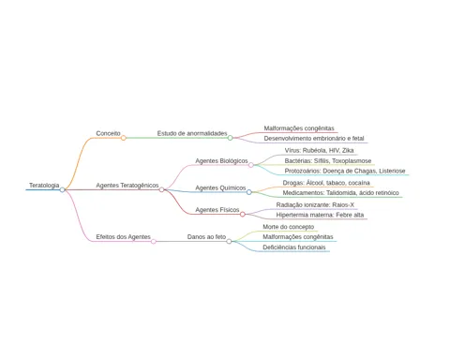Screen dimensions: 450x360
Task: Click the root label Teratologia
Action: pos(44,186)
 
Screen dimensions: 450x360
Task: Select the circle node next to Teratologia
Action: pos(63,189)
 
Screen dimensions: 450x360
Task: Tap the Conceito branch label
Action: pos(108,133)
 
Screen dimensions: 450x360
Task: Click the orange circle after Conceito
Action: pos(124,138)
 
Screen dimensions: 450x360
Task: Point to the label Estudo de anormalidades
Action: pos(192,133)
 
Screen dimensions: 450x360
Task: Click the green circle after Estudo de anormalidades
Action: pos(230,138)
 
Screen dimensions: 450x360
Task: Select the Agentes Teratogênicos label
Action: pos(127,186)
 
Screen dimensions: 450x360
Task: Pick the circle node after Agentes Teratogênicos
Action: pos(161,189)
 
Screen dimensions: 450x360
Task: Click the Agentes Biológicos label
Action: pos(221,161)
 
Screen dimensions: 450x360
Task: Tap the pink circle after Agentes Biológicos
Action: pos(251,165)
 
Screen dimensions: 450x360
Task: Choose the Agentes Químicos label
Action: pos(220,187)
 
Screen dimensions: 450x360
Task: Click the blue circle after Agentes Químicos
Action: pos(249,192)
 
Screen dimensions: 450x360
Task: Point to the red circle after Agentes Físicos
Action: pos(243,214)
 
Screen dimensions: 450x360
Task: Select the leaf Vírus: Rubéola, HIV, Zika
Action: pos(319,151)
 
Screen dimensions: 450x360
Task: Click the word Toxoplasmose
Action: pos(352,161)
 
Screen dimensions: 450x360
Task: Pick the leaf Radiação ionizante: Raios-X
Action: pos(315,205)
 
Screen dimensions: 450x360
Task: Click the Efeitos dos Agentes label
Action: pos(123,237)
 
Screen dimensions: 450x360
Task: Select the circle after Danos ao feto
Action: pos(229,241)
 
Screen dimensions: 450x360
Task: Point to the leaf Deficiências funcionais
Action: pos(294,247)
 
